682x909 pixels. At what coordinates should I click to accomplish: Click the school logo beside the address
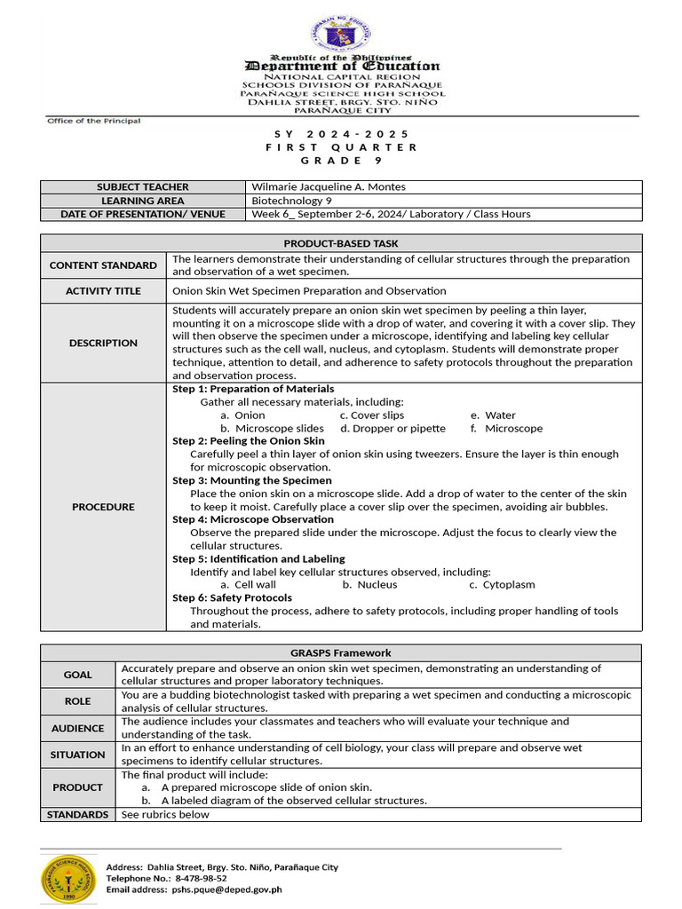pos(67,877)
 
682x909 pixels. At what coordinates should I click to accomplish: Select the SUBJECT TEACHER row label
pos(142,187)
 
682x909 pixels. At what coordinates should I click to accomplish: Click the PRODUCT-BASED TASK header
pos(341,243)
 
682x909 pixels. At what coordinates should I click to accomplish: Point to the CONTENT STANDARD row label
pos(103,265)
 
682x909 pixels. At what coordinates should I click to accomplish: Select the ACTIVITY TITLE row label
pos(103,291)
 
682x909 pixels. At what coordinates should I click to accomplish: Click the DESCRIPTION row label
pos(103,343)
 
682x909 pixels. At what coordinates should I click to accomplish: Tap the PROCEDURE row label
pos(103,507)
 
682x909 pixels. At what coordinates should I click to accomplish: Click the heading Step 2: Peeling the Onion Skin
pos(249,441)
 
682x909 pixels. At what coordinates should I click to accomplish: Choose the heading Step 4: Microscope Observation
pos(253,519)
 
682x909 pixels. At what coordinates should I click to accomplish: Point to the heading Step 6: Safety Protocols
pos(232,598)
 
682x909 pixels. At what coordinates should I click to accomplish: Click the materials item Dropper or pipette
pos(393,429)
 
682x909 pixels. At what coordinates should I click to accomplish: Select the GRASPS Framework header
pos(341,653)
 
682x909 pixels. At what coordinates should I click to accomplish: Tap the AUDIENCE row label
pos(77,728)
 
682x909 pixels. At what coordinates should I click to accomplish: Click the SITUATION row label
pos(77,755)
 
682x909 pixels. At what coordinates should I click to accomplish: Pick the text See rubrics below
pos(165,815)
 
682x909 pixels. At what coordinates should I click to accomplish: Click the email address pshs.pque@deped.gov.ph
pos(226,889)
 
